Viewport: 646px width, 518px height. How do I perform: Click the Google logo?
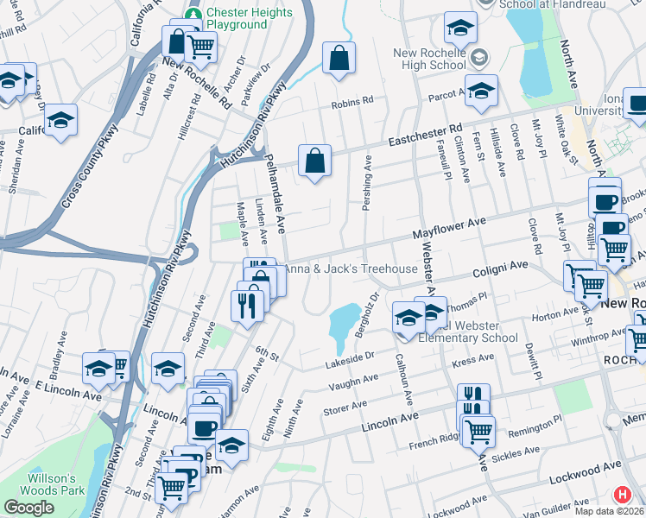[x=28, y=508]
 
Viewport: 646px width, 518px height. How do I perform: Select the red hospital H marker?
[x=621, y=496]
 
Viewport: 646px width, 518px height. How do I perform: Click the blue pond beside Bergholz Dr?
[x=344, y=322]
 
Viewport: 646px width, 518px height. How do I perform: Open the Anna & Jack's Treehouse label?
[x=351, y=269]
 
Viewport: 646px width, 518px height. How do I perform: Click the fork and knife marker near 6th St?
[x=247, y=304]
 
